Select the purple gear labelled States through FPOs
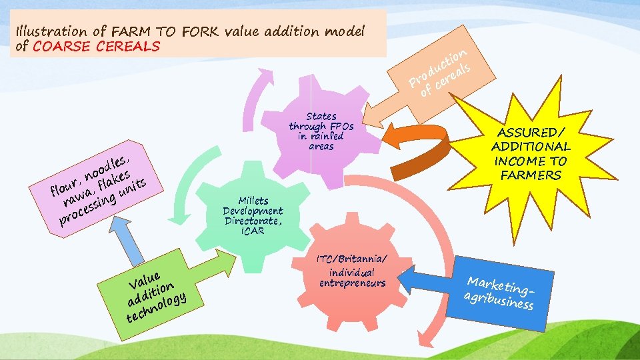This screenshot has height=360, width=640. (320, 143)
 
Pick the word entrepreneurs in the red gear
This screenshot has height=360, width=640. (353, 283)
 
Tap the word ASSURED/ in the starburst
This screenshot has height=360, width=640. (531, 131)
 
